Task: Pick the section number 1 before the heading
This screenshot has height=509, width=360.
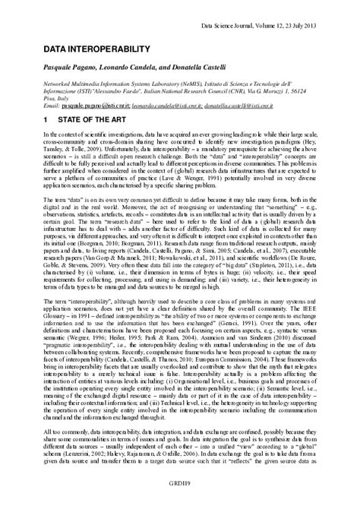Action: tap(46, 120)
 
